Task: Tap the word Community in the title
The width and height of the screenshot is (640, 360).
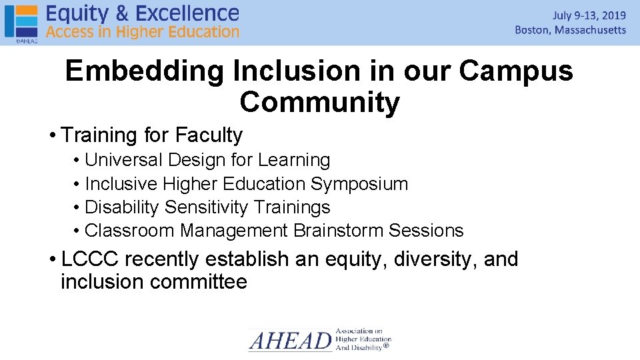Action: pos(320,102)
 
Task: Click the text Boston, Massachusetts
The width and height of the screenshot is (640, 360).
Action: pos(571,30)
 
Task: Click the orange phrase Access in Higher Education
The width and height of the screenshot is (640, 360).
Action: pos(143,31)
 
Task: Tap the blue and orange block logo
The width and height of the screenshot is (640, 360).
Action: pos(21,21)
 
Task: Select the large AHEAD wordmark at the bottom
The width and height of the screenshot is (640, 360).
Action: pos(290,341)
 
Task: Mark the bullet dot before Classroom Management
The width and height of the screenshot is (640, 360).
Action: pos(78,231)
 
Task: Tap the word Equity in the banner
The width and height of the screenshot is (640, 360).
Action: pos(75,13)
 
